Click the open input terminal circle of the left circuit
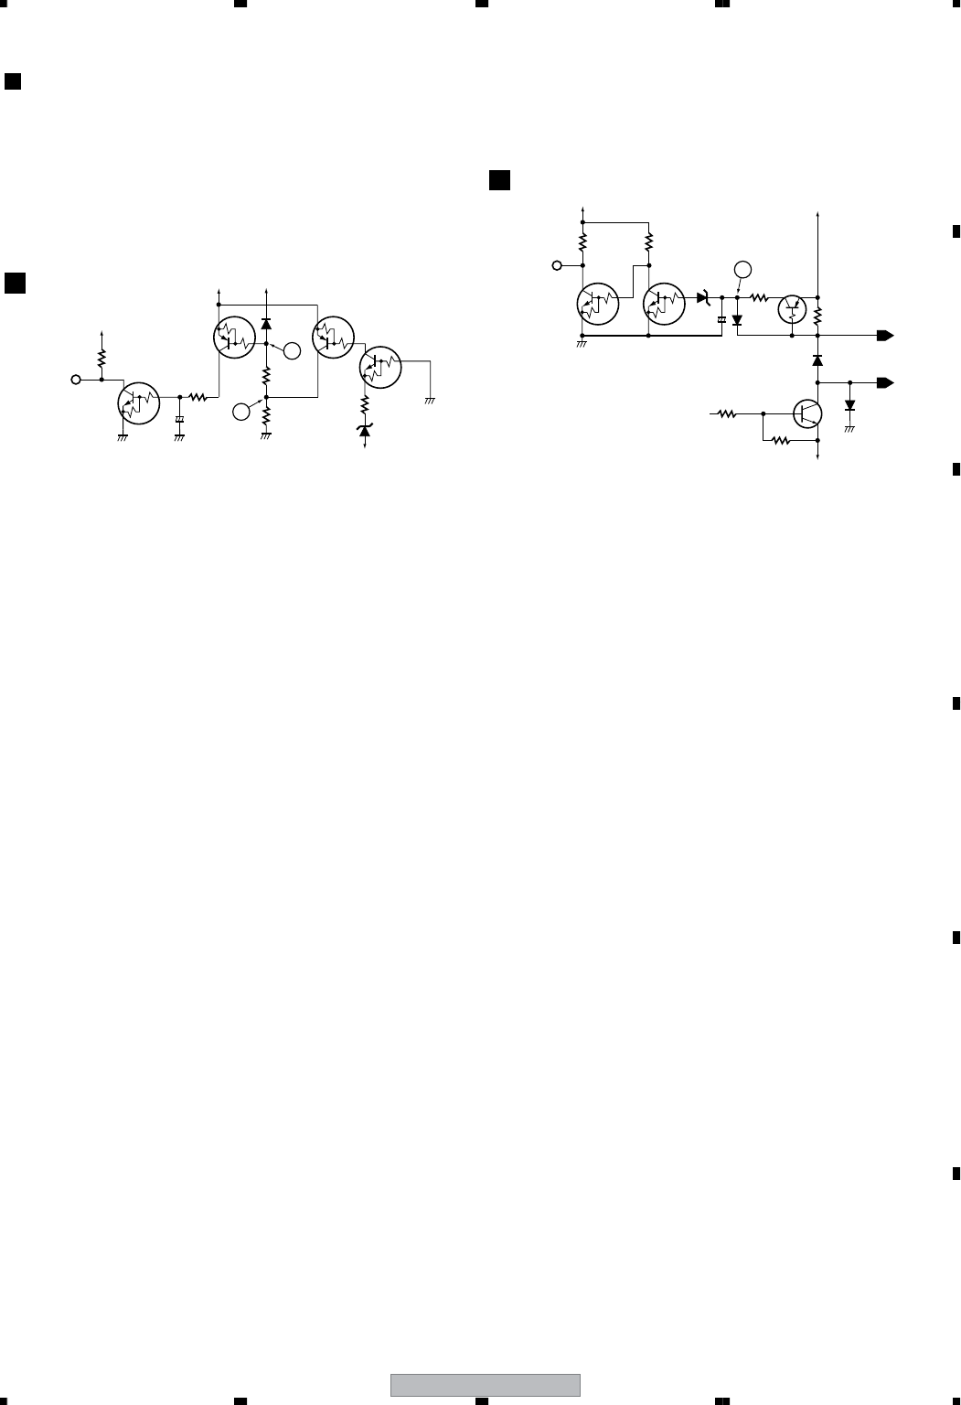(76, 379)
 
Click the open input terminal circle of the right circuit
(557, 266)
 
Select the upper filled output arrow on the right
(884, 336)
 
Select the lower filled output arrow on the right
(884, 381)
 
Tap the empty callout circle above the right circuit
(742, 269)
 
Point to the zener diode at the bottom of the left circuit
(365, 430)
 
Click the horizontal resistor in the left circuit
(198, 397)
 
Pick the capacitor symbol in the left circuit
(179, 420)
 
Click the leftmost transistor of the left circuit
(139, 402)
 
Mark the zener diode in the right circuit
(704, 297)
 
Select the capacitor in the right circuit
(721, 319)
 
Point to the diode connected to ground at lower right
(849, 405)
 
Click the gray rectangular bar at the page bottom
(485, 1385)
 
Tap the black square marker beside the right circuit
(499, 180)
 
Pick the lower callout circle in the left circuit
(241, 413)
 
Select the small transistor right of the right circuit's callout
(791, 309)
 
